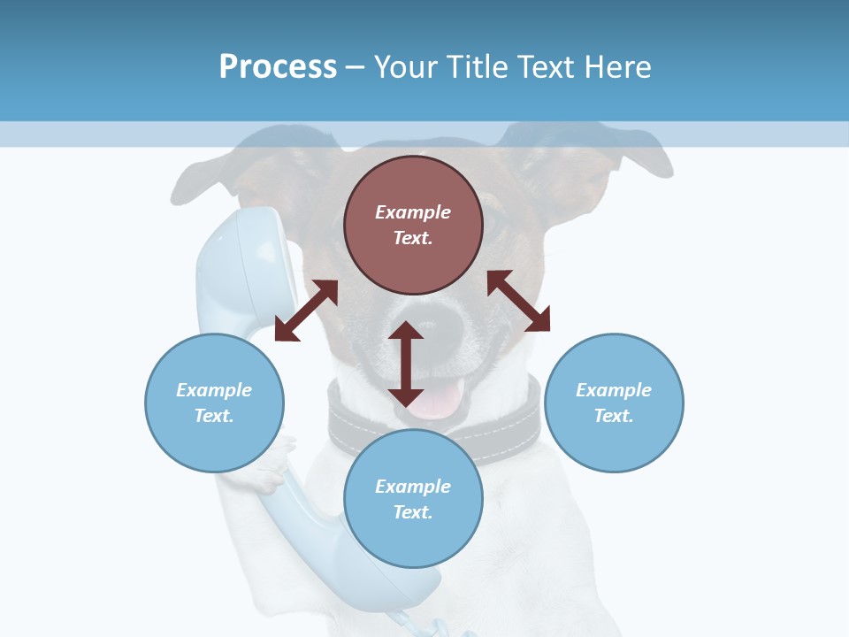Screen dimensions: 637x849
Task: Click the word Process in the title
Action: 278,66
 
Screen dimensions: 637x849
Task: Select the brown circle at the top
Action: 413,225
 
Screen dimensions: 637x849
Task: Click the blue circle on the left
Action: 214,403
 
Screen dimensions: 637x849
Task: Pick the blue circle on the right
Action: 614,403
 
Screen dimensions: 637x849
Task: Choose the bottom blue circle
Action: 413,499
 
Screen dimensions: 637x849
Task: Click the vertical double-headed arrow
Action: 406,364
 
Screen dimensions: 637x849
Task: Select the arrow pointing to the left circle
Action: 306,311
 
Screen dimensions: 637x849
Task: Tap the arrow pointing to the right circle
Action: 519,301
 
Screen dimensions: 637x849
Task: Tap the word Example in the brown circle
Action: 413,212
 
